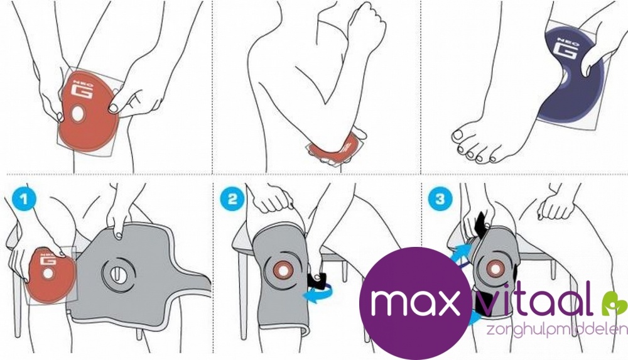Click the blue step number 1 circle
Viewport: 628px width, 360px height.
[x=24, y=199]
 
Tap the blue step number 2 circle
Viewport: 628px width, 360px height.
[x=232, y=199]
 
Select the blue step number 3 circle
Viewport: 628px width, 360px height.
[x=440, y=199]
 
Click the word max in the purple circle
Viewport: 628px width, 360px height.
[x=415, y=302]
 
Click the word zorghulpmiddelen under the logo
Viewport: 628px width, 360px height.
[x=556, y=330]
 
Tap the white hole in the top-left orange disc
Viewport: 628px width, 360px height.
[x=77, y=114]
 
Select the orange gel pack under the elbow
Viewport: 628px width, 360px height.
[x=335, y=149]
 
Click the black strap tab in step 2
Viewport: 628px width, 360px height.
[x=317, y=279]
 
